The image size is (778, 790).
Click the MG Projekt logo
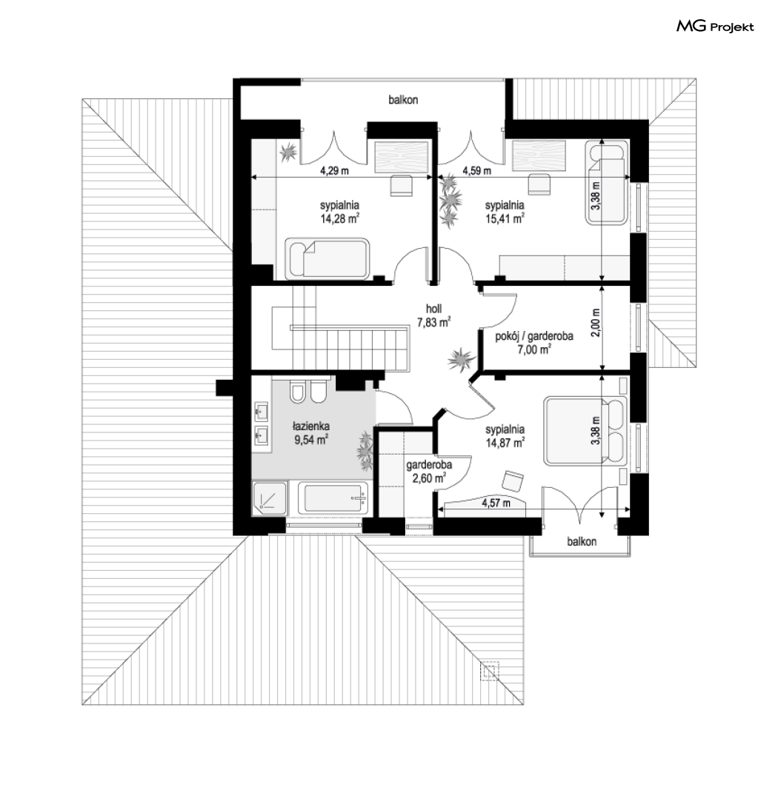coord(715,27)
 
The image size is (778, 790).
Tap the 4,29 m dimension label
coord(334,171)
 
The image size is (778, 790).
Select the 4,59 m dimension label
coord(477,171)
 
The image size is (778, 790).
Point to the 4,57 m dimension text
coord(496,503)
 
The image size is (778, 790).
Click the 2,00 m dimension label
coord(596,323)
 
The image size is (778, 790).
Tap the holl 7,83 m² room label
coord(433,315)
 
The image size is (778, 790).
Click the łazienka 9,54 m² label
coord(311,433)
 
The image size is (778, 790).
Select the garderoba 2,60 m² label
coord(428,471)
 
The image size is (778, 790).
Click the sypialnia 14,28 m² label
coord(339,212)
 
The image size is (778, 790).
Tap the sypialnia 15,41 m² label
coord(505,212)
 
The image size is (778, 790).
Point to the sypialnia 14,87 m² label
coord(505,436)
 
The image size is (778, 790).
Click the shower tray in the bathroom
coord(270,498)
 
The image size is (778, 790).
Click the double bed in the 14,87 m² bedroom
coord(585,430)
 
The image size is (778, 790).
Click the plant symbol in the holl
coord(461,360)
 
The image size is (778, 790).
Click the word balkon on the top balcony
coord(403,100)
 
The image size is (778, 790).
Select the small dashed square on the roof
coord(490,671)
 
